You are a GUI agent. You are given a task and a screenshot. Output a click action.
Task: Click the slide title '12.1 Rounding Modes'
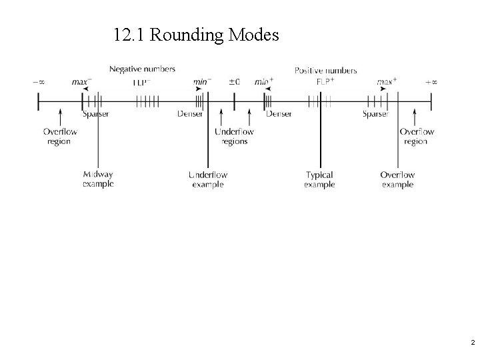point(196,35)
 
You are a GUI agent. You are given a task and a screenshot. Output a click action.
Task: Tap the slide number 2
point(472,343)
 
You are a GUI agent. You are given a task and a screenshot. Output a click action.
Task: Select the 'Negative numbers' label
point(143,69)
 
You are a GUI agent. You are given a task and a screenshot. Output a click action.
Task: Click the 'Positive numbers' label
point(325,70)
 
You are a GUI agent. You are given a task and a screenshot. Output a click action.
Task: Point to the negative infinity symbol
point(39,82)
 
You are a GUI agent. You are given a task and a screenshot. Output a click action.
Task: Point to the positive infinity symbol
point(431,82)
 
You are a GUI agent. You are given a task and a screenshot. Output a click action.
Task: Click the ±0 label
point(234,82)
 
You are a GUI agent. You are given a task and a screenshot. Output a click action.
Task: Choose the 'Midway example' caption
point(98,179)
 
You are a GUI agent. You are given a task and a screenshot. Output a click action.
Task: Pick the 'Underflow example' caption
point(208,179)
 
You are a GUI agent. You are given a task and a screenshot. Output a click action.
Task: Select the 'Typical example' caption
point(319,179)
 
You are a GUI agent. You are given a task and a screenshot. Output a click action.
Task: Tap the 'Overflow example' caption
point(397,179)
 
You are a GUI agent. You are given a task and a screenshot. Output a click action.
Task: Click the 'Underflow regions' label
point(234,136)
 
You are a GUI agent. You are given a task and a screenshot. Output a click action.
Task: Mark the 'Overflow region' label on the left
point(59,136)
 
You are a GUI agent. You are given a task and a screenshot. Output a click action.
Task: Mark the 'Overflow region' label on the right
point(415,136)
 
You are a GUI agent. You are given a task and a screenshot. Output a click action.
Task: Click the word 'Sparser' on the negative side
point(96,114)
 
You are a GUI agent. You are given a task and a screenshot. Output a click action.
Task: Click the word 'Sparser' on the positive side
point(375,114)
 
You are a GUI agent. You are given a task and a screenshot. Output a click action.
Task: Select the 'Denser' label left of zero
point(190,114)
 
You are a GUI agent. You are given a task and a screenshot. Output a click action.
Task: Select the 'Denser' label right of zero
point(279,114)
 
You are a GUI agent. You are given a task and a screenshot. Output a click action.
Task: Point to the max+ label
point(387,82)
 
